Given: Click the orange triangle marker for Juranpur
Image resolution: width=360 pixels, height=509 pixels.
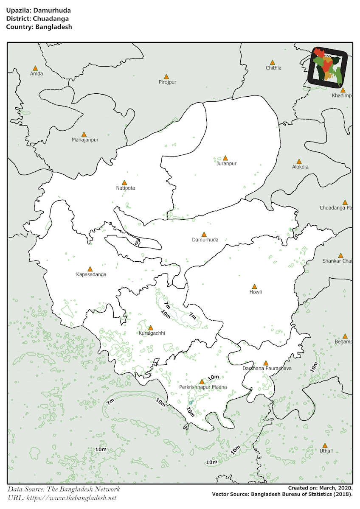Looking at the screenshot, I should click(x=225, y=158).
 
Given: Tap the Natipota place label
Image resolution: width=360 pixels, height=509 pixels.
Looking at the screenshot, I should click(x=125, y=188).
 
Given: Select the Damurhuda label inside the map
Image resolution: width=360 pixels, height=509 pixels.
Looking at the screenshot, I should click(x=205, y=240).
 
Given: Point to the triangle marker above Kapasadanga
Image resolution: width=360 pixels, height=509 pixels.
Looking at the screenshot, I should click(x=90, y=269).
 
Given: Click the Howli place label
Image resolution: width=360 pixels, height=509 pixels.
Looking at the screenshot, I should click(x=256, y=292).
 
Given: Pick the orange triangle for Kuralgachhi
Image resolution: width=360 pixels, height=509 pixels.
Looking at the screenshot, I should click(x=150, y=328).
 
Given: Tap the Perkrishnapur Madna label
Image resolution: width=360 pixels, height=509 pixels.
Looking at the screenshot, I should click(x=203, y=387).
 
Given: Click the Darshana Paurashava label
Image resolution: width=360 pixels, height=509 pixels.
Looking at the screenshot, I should click(x=267, y=369).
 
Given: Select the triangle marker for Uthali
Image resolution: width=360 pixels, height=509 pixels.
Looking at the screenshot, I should click(x=325, y=446).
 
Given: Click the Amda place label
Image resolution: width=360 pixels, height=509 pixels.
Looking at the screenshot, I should click(x=37, y=74).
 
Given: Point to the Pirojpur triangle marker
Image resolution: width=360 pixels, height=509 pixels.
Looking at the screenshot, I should click(x=166, y=77).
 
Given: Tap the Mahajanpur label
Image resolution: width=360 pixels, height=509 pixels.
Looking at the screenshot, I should click(x=85, y=140).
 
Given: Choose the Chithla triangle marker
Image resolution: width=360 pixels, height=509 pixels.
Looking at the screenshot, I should click(x=273, y=62).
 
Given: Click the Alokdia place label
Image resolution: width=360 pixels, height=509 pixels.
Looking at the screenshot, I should click(x=300, y=167).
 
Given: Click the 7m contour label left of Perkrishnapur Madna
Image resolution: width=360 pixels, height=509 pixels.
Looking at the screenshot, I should click(x=111, y=401).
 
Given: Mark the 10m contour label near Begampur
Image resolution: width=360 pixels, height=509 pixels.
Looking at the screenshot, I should click(x=314, y=367).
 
